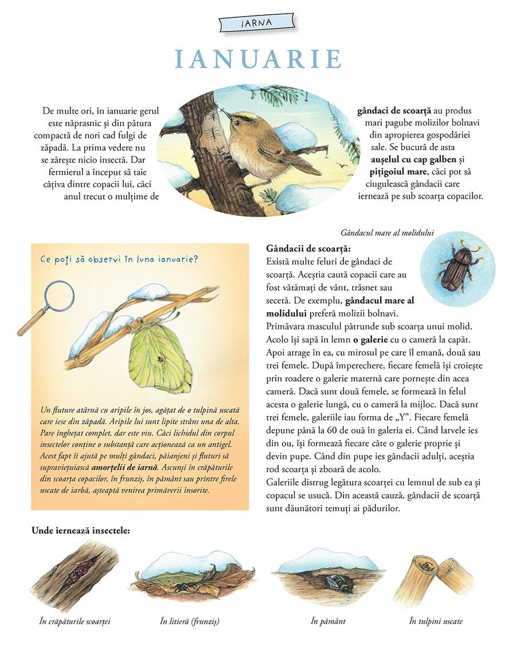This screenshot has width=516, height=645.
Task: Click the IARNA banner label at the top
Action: click(x=257, y=24)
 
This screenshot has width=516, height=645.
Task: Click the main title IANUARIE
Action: click(x=258, y=59)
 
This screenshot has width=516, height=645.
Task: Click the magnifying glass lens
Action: click(x=58, y=296)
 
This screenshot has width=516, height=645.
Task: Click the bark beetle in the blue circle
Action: click(x=457, y=268)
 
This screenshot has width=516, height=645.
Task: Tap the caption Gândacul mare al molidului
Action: click(x=387, y=233)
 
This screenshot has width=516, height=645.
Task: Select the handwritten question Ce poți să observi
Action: click(x=119, y=259)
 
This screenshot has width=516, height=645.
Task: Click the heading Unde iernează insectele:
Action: click(x=81, y=530)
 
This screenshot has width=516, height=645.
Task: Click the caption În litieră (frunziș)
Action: click(x=190, y=621)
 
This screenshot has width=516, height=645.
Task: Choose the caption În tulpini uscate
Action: click(x=436, y=621)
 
